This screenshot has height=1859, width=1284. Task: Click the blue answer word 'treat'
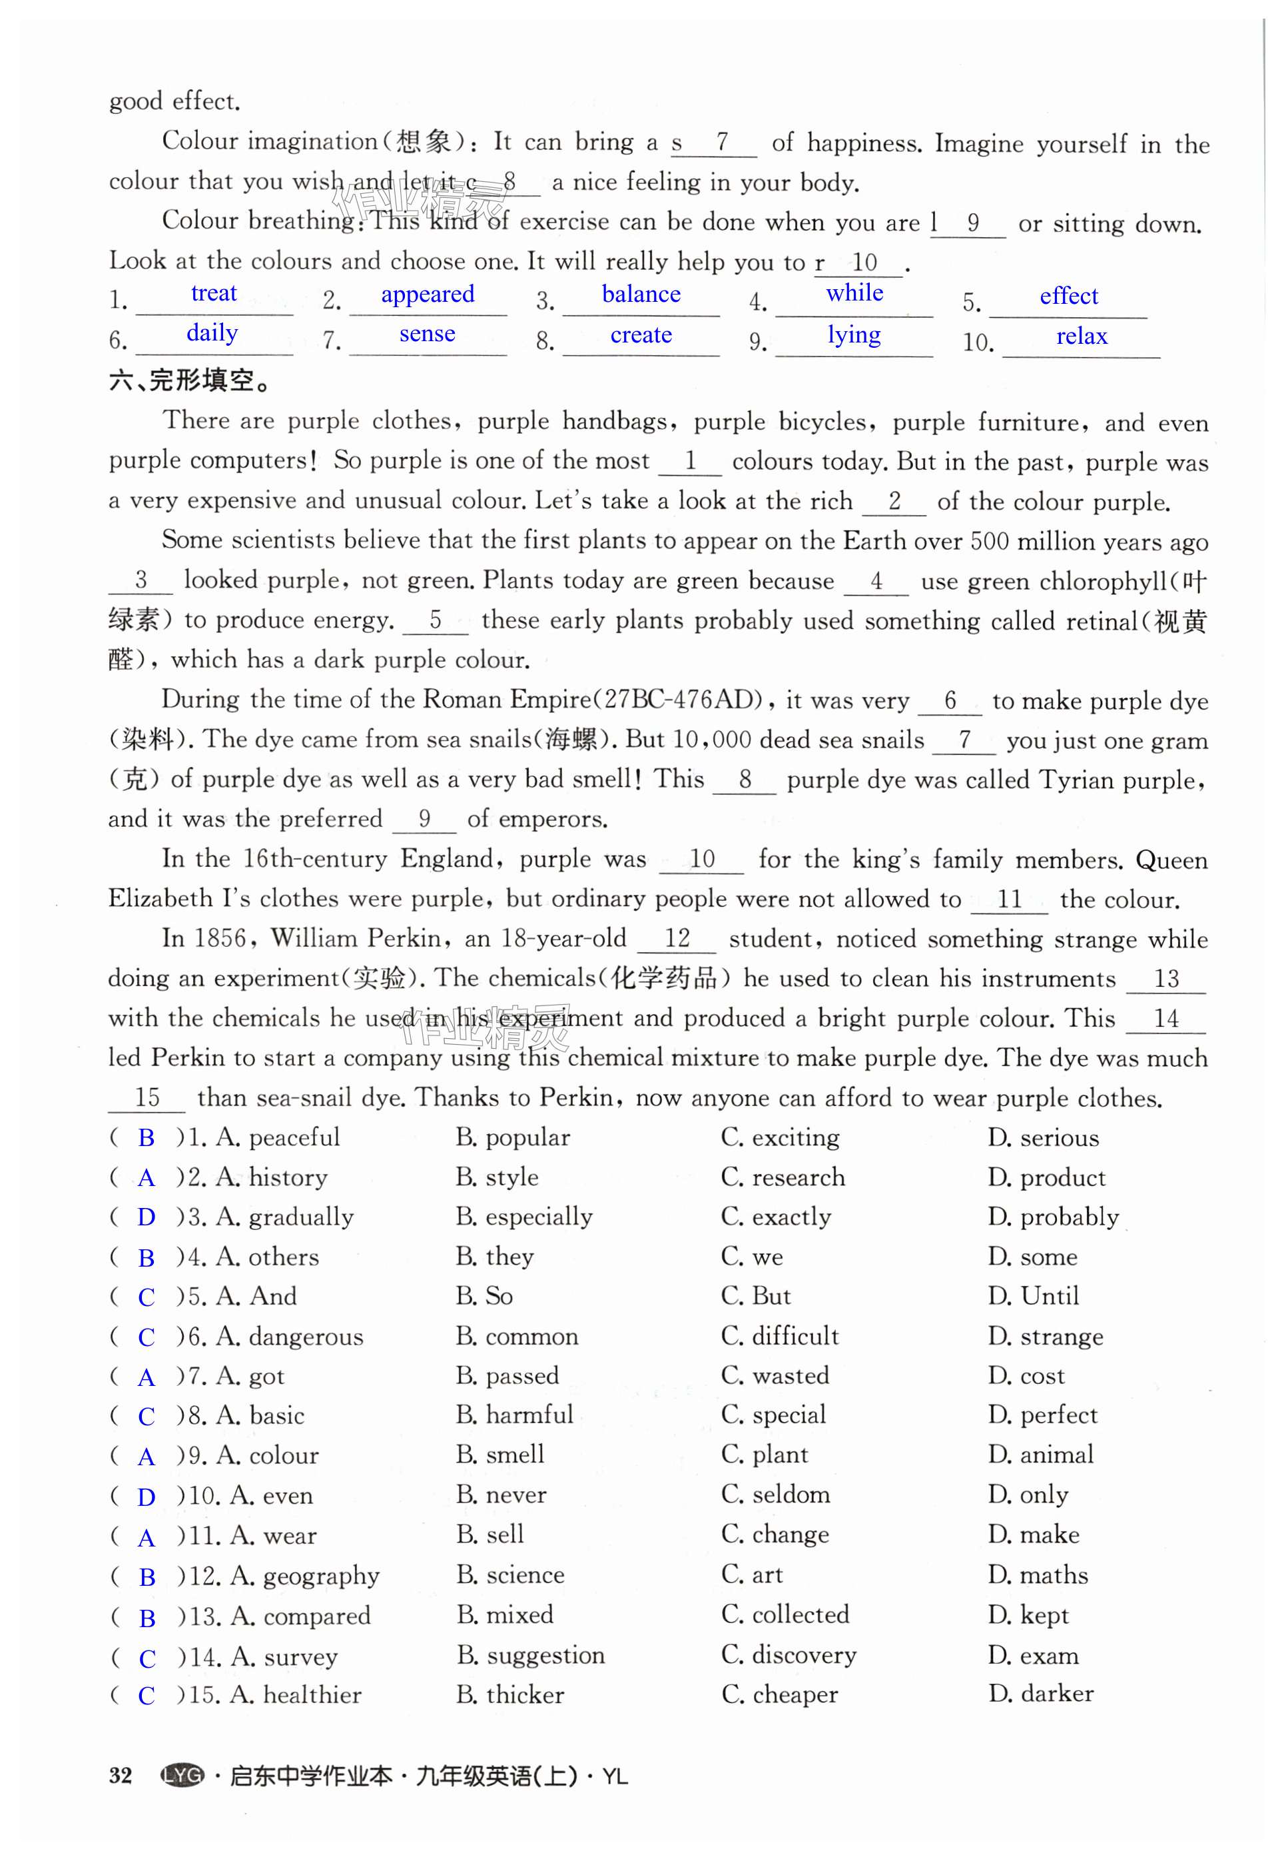(x=214, y=293)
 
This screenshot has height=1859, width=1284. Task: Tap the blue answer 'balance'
(x=641, y=295)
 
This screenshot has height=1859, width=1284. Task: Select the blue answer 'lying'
(x=854, y=334)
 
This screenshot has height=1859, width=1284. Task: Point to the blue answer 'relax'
(x=1082, y=336)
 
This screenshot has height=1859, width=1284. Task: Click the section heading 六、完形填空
(x=190, y=380)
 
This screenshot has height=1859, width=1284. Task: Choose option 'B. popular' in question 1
(x=513, y=1137)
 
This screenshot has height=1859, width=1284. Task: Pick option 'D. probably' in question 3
(x=1053, y=1217)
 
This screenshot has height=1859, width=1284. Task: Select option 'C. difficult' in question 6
(x=780, y=1336)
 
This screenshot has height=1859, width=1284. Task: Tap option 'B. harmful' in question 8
(x=514, y=1415)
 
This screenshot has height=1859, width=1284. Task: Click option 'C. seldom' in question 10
(x=776, y=1495)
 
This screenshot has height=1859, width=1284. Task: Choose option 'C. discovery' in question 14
(x=789, y=1654)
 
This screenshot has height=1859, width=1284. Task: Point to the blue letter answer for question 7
(x=146, y=1378)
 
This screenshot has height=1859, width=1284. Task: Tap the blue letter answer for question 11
(x=146, y=1538)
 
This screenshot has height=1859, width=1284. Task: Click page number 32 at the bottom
(x=121, y=1776)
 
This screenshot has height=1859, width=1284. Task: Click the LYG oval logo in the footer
(x=182, y=1776)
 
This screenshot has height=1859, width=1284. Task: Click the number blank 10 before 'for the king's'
(x=701, y=859)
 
